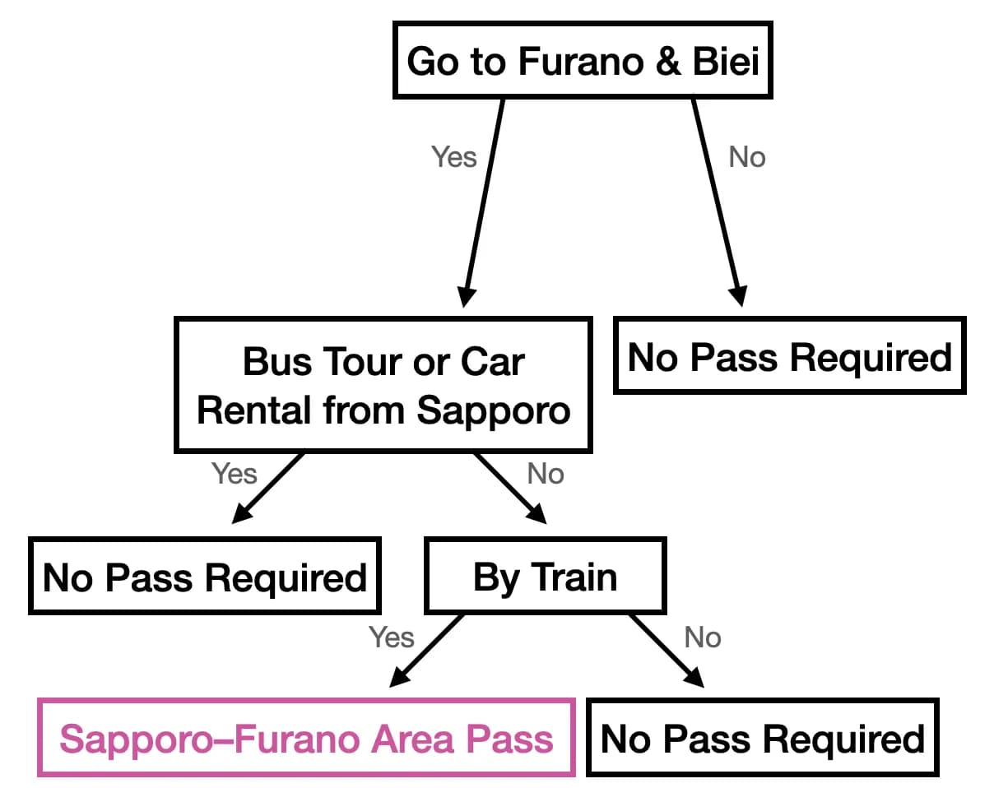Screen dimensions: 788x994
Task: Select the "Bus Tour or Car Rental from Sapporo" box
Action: (x=383, y=385)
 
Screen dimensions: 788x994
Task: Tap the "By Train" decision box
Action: (x=545, y=577)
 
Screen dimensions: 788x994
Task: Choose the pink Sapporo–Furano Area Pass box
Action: (x=306, y=738)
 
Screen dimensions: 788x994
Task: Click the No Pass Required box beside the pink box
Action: (x=763, y=738)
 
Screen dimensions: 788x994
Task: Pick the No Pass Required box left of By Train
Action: (x=204, y=577)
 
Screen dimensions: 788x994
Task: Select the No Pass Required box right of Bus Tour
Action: (x=789, y=355)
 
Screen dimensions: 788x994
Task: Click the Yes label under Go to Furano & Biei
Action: (x=453, y=156)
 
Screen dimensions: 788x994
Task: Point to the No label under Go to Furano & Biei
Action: (x=746, y=156)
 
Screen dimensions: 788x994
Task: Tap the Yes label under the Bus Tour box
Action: (x=234, y=474)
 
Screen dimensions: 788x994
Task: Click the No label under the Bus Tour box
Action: (x=546, y=474)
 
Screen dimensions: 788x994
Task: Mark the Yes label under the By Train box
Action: (x=391, y=637)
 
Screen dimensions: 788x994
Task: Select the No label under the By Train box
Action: (x=702, y=637)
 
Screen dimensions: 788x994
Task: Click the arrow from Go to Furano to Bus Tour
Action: (x=484, y=202)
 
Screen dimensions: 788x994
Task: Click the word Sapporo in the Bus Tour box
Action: (x=493, y=410)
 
